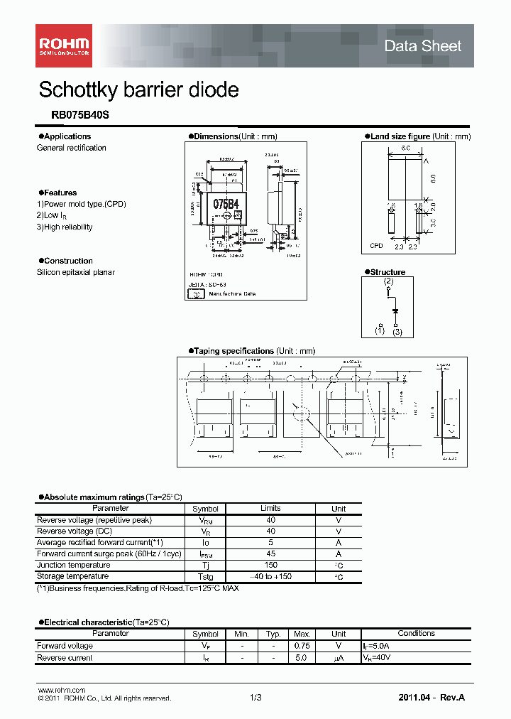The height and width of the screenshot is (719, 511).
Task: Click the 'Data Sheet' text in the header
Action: [x=422, y=46]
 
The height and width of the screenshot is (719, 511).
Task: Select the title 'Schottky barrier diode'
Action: [x=138, y=90]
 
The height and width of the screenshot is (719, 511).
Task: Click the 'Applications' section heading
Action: [x=67, y=136]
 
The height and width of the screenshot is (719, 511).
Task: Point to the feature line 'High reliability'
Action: [x=67, y=227]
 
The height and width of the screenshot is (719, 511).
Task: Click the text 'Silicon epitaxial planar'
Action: [x=75, y=273]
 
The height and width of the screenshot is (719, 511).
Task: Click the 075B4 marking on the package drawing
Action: [x=226, y=204]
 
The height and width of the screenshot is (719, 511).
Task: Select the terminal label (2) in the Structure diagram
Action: [x=388, y=282]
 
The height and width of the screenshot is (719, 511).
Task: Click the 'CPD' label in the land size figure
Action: [x=376, y=246]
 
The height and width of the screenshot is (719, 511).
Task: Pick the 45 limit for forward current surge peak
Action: [x=270, y=554]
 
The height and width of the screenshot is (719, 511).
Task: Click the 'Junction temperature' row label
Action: [x=72, y=566]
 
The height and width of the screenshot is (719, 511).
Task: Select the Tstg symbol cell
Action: [x=205, y=577]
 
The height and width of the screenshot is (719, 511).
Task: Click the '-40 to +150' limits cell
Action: [x=270, y=577]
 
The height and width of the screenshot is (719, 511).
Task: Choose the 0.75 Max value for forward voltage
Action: [x=302, y=646]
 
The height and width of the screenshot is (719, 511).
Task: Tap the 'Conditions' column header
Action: [x=416, y=634]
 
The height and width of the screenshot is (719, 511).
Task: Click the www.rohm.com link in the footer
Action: [x=61, y=691]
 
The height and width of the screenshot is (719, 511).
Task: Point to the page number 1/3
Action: [x=255, y=698]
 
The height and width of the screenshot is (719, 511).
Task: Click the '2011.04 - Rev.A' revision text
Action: [x=432, y=698]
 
